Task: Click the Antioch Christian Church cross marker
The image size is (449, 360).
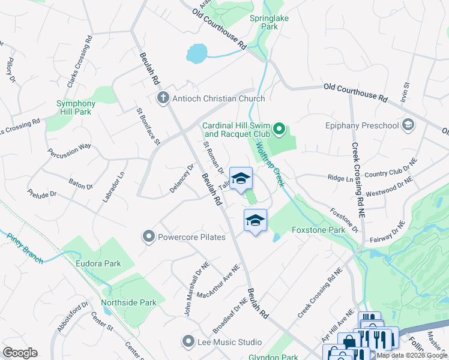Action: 163,98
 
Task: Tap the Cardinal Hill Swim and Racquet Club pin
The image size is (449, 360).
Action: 279,129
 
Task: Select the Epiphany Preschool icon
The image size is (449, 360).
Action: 408,125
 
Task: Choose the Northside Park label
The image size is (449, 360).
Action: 124,302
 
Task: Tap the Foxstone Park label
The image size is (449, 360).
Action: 318,230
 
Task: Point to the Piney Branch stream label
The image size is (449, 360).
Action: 25,247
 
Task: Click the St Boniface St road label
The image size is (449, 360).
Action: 148,127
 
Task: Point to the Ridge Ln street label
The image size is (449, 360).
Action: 340,178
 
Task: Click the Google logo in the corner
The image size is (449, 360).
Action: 20,353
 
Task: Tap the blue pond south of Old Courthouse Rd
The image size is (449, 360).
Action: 197,54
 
